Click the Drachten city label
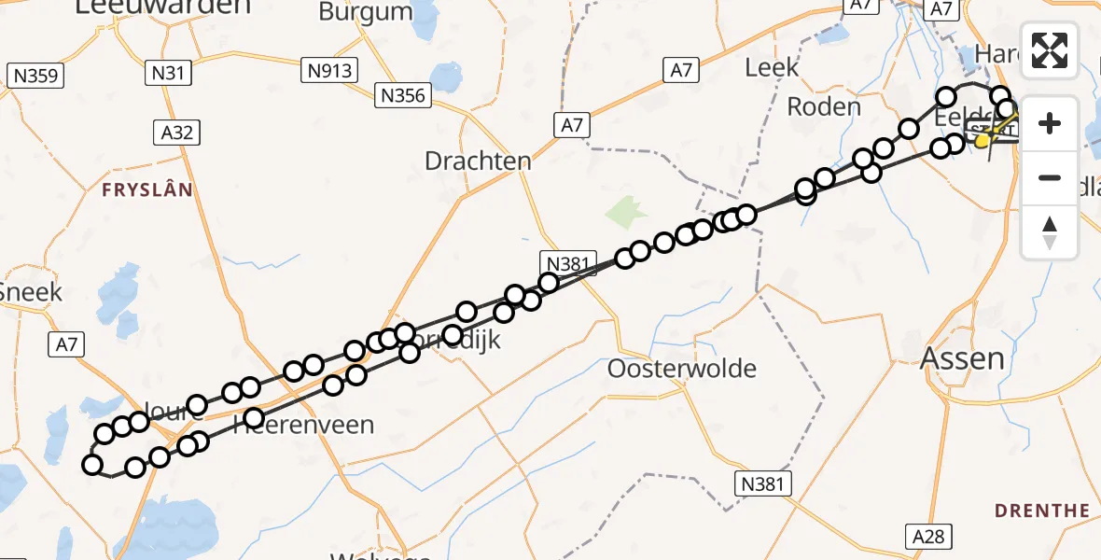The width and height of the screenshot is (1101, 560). tap(478, 161)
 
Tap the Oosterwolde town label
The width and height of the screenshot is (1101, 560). tap(681, 369)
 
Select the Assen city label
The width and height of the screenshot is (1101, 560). tap(963, 357)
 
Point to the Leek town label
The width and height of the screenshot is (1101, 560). tap(773, 67)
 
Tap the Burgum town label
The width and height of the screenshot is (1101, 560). tap(365, 12)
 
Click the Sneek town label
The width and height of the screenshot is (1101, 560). tap(31, 292)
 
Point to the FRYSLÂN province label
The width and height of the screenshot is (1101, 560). tap(147, 190)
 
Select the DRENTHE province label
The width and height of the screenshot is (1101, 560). tap(1041, 511)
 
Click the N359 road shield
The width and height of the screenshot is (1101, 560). tap(35, 77)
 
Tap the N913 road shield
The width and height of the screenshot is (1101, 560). tap(331, 69)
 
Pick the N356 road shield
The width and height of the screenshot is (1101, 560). tap(402, 95)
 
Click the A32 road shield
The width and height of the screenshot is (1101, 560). tap(176, 133)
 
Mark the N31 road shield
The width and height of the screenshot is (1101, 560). tap(168, 71)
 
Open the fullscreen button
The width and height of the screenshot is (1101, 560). tap(1050, 50)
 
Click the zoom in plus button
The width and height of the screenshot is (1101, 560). tap(1050, 124)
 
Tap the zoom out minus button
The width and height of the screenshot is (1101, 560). tap(1050, 177)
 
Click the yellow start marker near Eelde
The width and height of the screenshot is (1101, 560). tap(982, 141)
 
